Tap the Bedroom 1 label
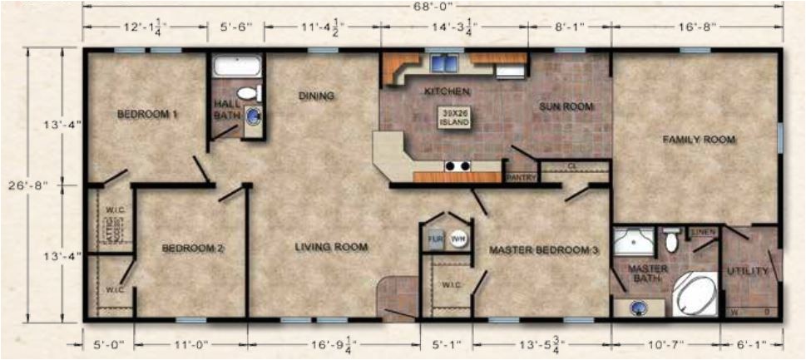click(x=147, y=114)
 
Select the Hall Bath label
click(x=225, y=109)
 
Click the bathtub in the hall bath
click(x=237, y=67)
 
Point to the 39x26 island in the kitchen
click(x=454, y=117)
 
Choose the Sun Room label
click(x=565, y=106)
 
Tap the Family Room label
click(x=698, y=140)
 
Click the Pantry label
click(x=521, y=177)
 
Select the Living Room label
click(x=330, y=247)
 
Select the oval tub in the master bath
click(x=693, y=294)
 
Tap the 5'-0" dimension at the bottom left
click(x=107, y=341)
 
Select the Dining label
click(x=316, y=96)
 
